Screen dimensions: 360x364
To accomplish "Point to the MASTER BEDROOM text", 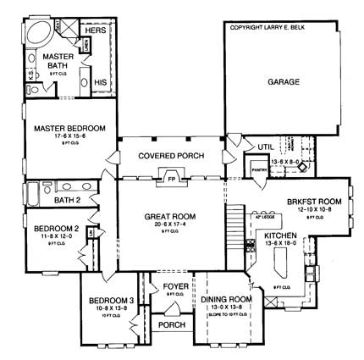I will pos(70,128).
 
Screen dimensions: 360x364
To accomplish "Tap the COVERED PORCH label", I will pos(169,156).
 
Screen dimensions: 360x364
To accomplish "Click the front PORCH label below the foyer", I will pos(172,324).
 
